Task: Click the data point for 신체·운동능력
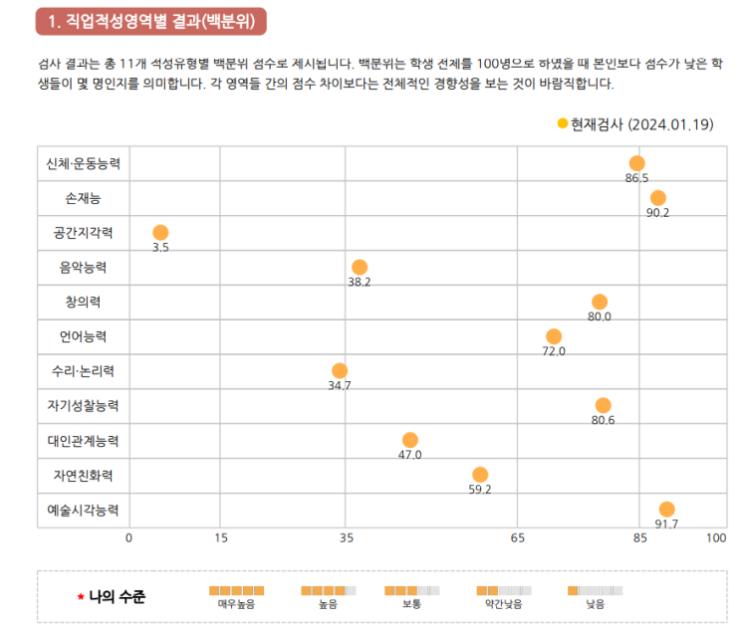[636, 163]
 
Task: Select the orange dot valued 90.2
[657, 198]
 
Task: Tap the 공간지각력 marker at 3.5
[160, 233]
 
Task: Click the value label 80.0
[600, 316]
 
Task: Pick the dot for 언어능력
[554, 336]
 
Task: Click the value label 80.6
[603, 420]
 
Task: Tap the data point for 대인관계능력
[410, 440]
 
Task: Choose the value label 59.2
[480, 489]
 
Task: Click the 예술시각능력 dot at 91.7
[666, 510]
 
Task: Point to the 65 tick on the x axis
[518, 537]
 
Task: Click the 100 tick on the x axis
[715, 537]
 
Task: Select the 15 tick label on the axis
[221, 537]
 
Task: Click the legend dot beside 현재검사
[563, 123]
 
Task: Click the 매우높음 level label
[236, 604]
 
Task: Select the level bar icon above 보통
[411, 590]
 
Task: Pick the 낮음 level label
[595, 604]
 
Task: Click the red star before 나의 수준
[81, 598]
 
